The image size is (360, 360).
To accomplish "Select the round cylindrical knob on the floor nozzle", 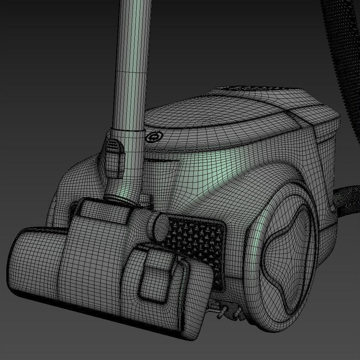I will pos(160,227).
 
